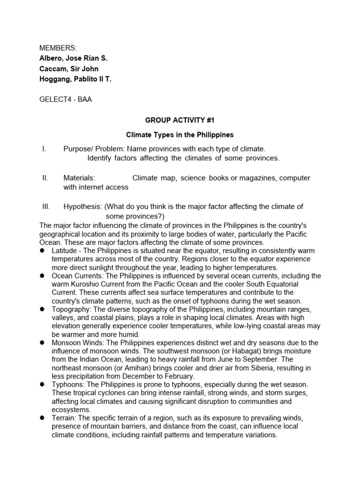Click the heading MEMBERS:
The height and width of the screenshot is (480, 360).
click(58, 48)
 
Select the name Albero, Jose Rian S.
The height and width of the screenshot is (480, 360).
click(74, 59)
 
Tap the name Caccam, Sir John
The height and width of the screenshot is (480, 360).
click(69, 69)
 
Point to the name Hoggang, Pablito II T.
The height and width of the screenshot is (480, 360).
click(75, 79)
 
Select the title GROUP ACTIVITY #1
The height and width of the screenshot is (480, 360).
click(180, 120)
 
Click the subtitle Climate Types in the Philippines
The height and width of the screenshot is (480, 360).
click(180, 135)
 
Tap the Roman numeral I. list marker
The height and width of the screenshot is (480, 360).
click(44, 149)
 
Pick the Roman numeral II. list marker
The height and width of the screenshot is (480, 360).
click(45, 178)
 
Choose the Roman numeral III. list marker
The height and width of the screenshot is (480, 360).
click(46, 206)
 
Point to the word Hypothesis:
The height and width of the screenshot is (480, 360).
click(82, 206)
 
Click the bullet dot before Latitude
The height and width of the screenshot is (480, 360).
click(42, 251)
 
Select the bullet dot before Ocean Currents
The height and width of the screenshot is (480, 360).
click(42, 276)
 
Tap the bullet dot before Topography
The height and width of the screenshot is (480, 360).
click(42, 309)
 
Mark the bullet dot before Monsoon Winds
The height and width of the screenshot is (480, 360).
click(42, 343)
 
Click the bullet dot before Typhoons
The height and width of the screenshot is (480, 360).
click(42, 384)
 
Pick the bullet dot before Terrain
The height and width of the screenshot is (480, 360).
click(42, 418)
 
